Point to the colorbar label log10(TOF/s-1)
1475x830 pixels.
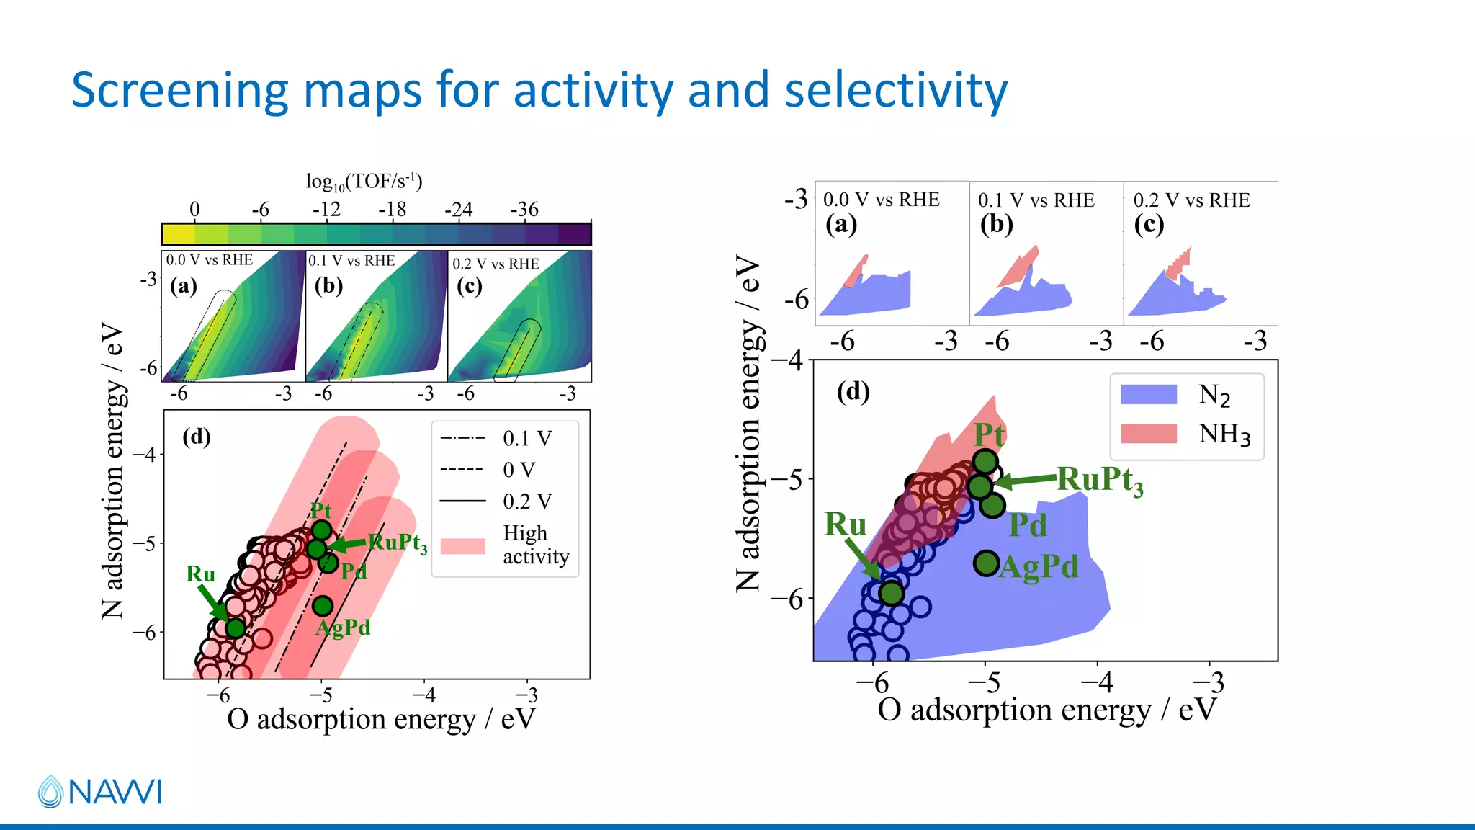pos(364,182)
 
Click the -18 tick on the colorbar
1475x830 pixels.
pos(393,210)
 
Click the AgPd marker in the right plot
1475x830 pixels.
pos(987,563)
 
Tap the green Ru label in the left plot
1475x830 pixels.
pos(200,574)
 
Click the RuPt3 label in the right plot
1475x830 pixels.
pos(1100,480)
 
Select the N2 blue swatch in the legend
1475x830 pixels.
pos(1149,394)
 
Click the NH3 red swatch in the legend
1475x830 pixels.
pos(1149,434)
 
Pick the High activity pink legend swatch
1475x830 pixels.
pos(462,545)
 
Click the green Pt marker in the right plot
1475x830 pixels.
pos(985,461)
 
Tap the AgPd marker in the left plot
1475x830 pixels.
pos(323,606)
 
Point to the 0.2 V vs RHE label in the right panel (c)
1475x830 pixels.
pos(1191,200)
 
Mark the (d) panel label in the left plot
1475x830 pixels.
pos(196,437)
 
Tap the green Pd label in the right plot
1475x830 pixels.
pos(1027,525)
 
